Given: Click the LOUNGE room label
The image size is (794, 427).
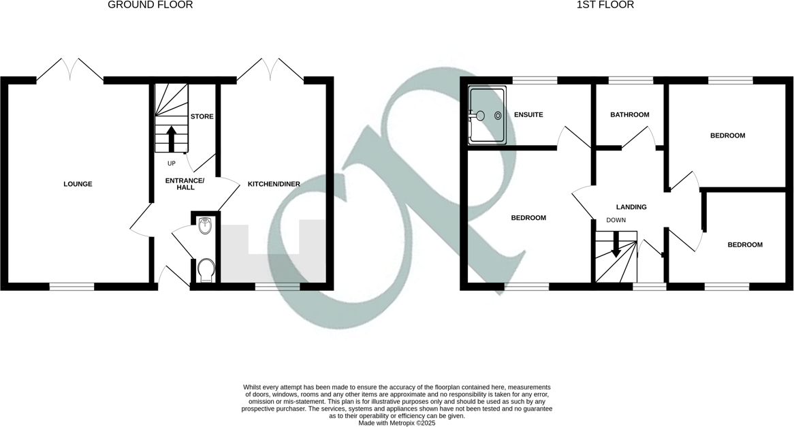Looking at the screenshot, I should [78, 184].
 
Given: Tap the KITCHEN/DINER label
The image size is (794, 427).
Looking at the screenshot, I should [274, 184].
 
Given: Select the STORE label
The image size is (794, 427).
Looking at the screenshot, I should [202, 116].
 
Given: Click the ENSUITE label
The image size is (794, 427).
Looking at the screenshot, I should [528, 114].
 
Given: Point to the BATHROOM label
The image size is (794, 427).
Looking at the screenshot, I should [629, 114].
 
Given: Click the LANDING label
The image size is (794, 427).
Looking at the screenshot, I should [631, 207].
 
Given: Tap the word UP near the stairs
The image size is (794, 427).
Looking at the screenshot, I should [172, 163].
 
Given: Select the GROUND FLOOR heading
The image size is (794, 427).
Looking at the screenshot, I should [150, 5].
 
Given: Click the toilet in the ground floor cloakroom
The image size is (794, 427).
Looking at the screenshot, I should [205, 271].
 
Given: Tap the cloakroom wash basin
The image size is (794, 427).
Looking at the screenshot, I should [205, 228].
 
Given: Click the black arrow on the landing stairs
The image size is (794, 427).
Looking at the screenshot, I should [616, 245].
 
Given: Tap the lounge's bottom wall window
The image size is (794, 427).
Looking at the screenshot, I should [72, 287].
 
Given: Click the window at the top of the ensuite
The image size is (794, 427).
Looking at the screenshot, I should [535, 80].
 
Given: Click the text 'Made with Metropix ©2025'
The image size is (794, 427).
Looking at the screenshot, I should [396, 423].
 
